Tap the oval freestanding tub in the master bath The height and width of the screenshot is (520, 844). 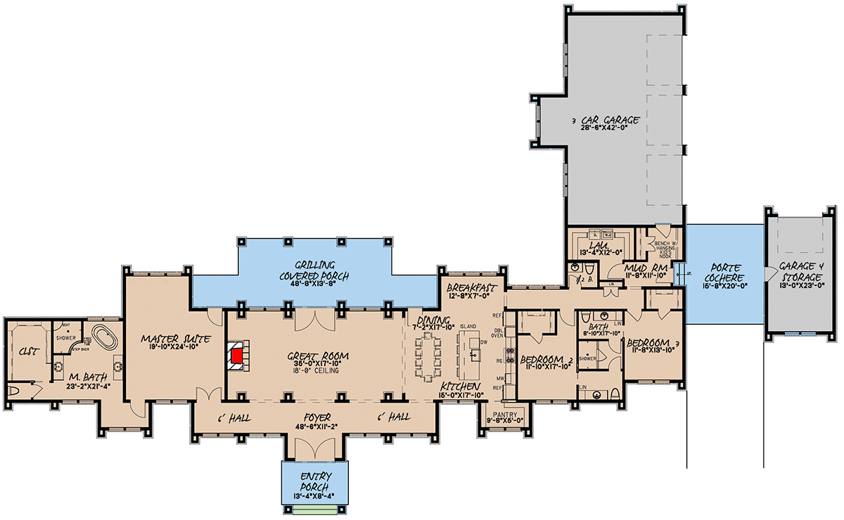(106, 337)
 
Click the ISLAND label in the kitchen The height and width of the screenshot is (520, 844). (468, 327)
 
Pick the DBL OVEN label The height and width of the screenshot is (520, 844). (498, 332)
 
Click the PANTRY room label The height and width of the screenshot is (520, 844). (506, 414)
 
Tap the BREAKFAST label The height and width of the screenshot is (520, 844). (472, 289)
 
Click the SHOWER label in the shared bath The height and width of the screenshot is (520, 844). (587, 358)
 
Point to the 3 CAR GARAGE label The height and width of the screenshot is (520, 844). (607, 122)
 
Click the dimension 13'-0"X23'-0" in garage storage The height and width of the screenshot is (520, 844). (798, 277)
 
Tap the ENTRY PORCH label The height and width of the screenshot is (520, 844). (310, 481)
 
